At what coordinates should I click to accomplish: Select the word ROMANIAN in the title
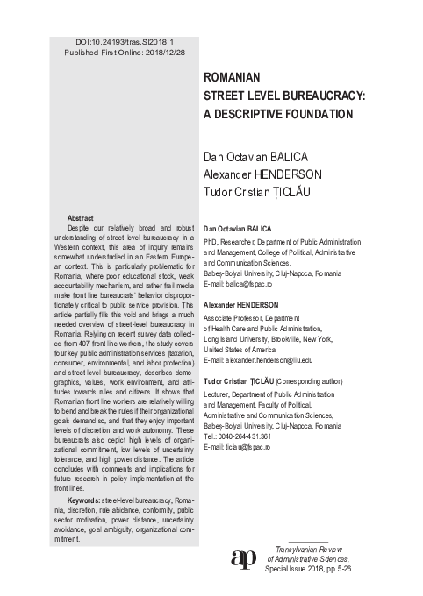(234, 77)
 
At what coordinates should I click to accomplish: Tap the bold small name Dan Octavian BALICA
(242, 225)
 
